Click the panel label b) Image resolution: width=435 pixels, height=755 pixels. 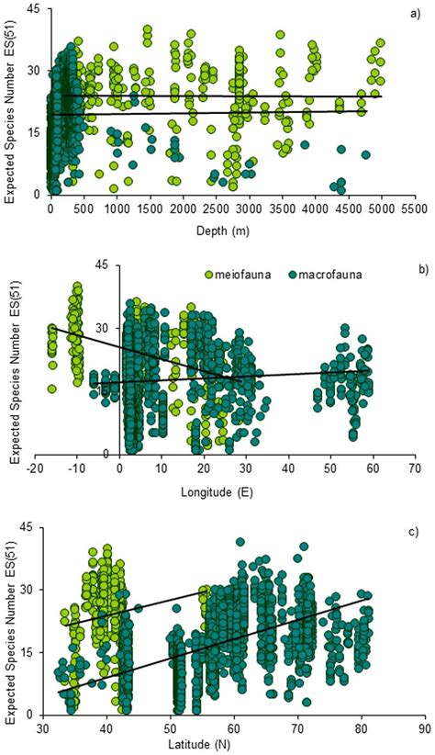point(418,272)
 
